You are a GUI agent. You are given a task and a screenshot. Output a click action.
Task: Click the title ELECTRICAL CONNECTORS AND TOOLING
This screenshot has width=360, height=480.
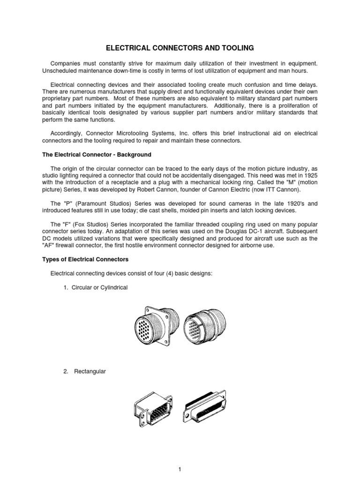[180, 48]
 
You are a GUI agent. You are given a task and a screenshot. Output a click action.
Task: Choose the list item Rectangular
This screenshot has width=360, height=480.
[89, 372]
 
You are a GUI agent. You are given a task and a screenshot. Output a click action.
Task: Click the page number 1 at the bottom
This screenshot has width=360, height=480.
[180, 470]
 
